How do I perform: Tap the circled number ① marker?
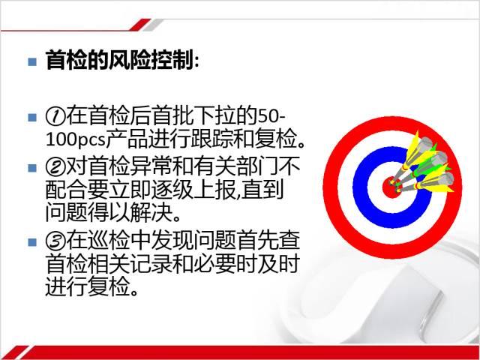[x=55, y=117]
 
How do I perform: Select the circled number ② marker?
[x=55, y=167]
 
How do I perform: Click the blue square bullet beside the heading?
[x=32, y=62]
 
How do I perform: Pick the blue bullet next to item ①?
[x=32, y=118]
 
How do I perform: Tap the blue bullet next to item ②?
[x=32, y=168]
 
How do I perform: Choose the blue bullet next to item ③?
[x=32, y=242]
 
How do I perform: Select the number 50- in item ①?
[x=271, y=117]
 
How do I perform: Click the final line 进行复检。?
[x=91, y=286]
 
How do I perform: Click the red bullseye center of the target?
[x=391, y=187]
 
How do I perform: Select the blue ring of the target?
[x=360, y=187]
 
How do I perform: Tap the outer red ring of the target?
[x=331, y=187]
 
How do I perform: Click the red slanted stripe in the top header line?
[x=140, y=25]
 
